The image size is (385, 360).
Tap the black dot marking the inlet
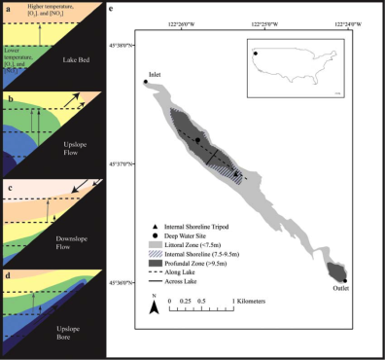pyautogui.click(x=146, y=83)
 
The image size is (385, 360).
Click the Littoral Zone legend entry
pyautogui.click(x=194, y=242)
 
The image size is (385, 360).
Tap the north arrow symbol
pyautogui.click(x=155, y=306)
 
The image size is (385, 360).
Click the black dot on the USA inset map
pyautogui.click(x=256, y=54)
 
